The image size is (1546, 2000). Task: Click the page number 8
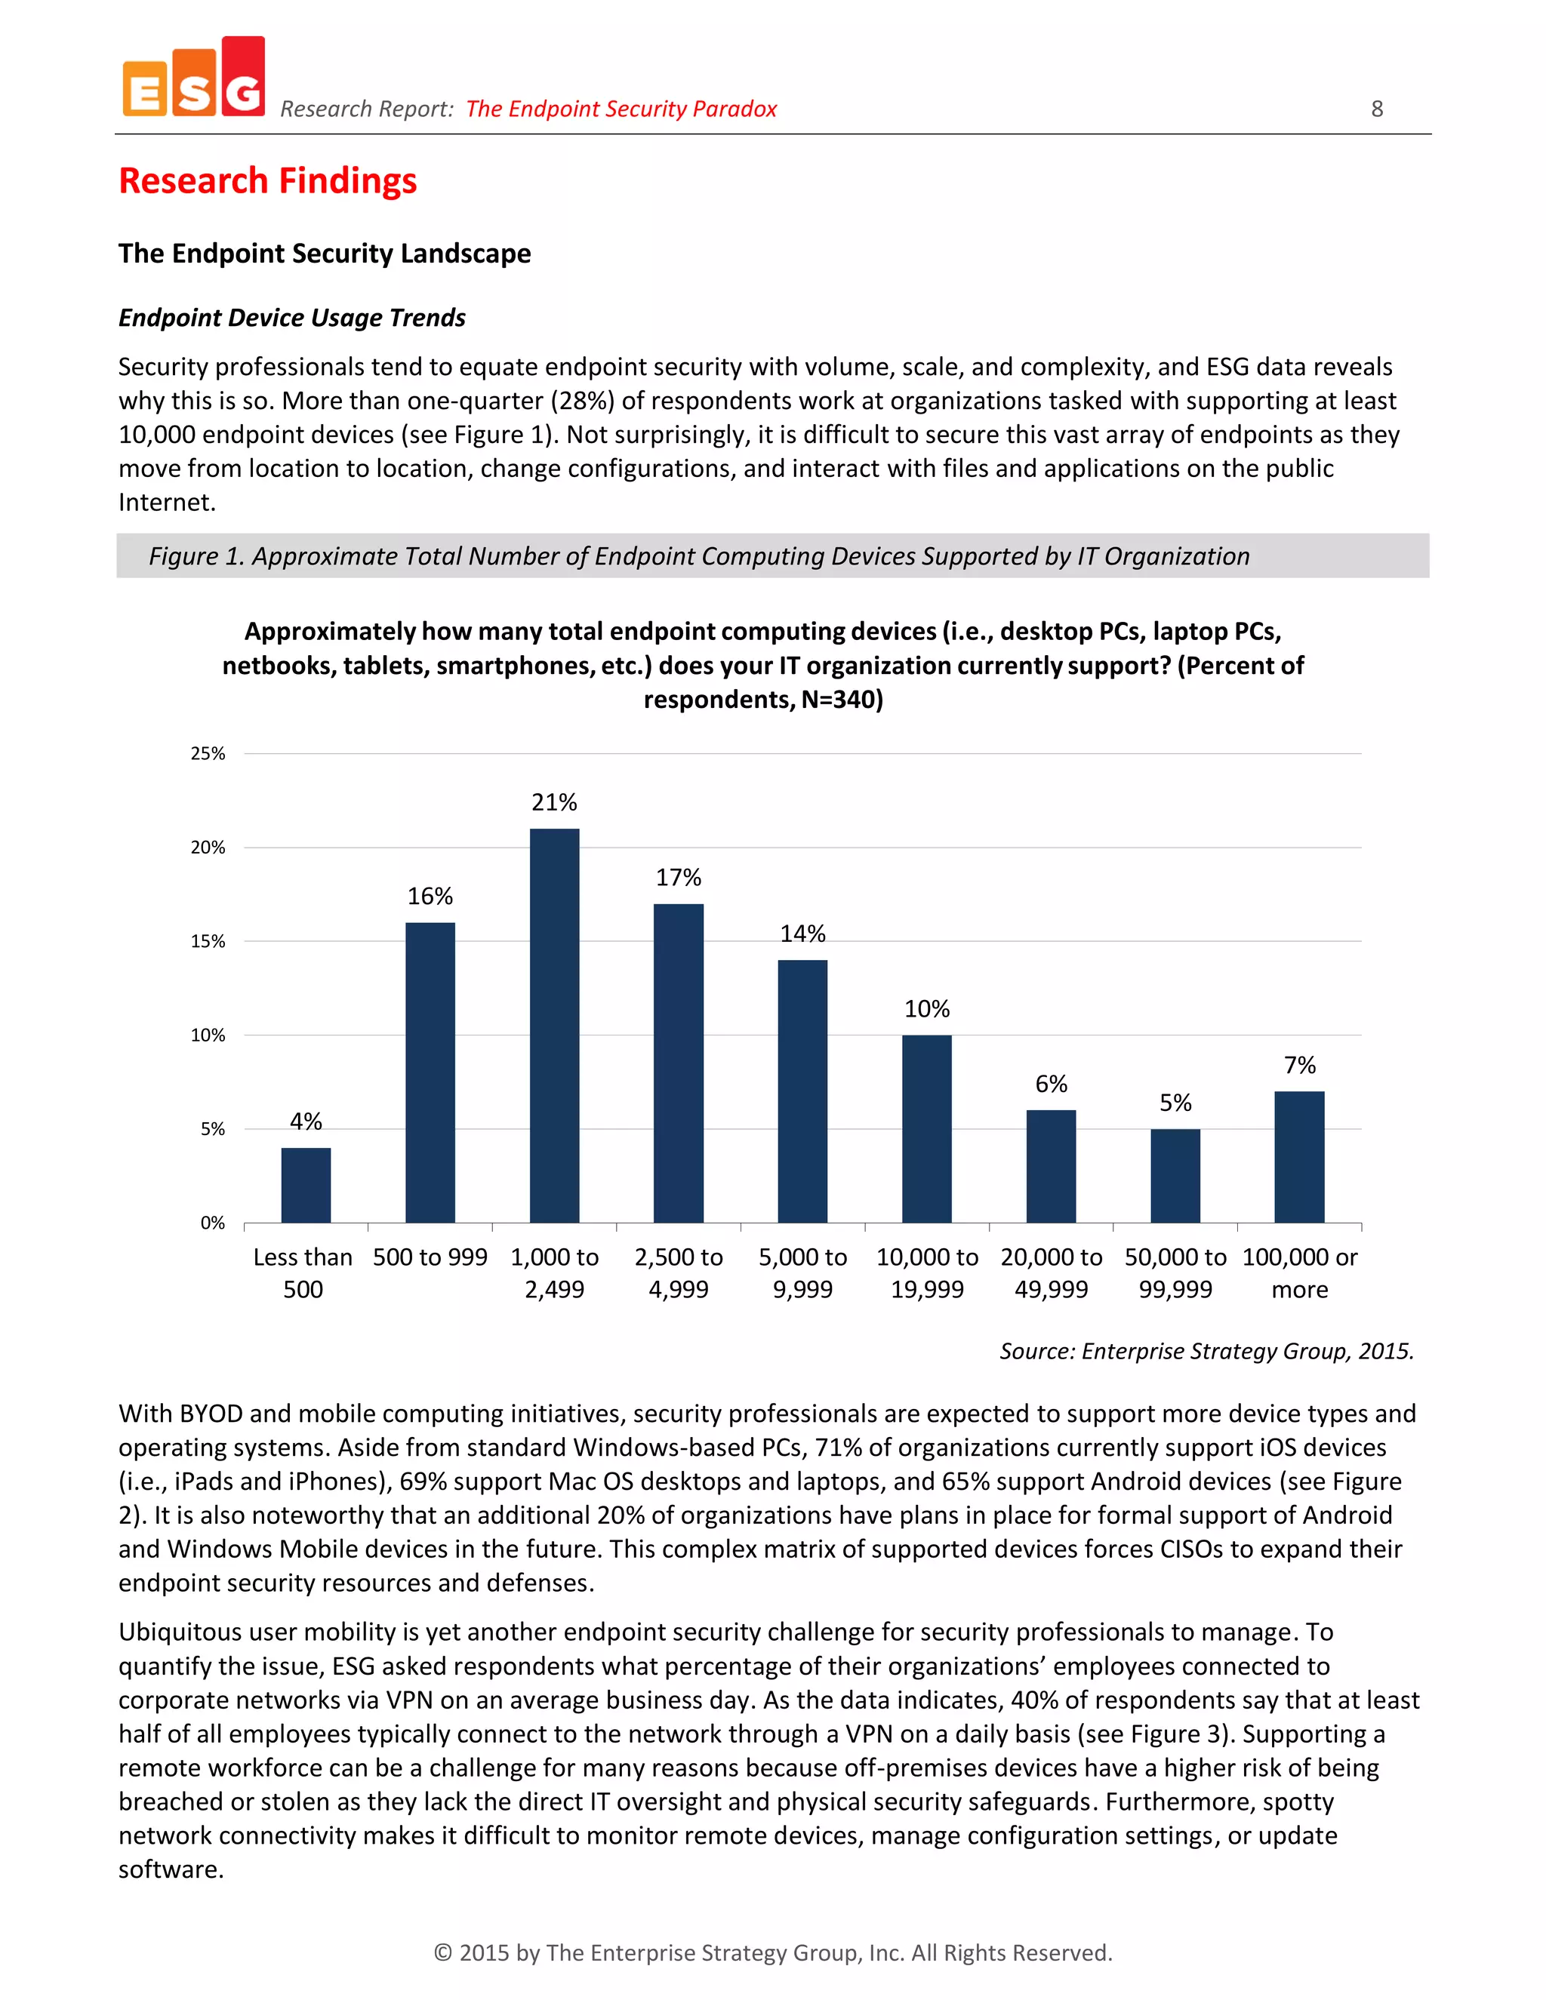pyautogui.click(x=1377, y=109)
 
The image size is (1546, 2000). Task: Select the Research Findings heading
pyautogui.click(x=267, y=180)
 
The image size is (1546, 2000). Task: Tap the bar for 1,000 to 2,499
pyautogui.click(x=554, y=1026)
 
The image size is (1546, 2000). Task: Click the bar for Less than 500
pyautogui.click(x=306, y=1185)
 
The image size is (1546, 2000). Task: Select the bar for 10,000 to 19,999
pyautogui.click(x=926, y=1128)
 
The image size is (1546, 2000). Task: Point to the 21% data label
pyautogui.click(x=554, y=802)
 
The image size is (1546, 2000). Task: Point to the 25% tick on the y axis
pyautogui.click(x=208, y=754)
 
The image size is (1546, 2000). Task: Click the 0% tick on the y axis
pyautogui.click(x=212, y=1223)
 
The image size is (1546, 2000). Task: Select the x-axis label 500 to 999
pyautogui.click(x=430, y=1257)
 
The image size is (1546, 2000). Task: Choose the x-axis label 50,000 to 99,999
pyautogui.click(x=1175, y=1273)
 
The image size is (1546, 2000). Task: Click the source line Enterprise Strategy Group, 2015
pyautogui.click(x=1206, y=1351)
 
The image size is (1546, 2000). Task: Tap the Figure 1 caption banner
pyautogui.click(x=772, y=556)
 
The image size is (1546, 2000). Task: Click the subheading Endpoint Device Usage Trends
pyautogui.click(x=291, y=318)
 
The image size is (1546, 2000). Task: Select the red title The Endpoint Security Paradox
pyautogui.click(x=621, y=109)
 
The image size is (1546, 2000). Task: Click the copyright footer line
pyautogui.click(x=772, y=1952)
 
